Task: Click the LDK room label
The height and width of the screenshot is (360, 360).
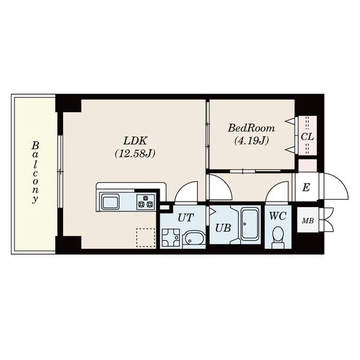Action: [135, 140]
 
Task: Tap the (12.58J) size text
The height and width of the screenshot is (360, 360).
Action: [135, 154]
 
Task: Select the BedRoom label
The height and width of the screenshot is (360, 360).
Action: [251, 128]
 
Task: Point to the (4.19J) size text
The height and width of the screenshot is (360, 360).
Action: [251, 140]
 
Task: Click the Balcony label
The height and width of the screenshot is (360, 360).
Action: [35, 172]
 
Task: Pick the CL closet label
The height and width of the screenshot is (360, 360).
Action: [307, 137]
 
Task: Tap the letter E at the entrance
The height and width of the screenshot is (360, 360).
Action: [306, 188]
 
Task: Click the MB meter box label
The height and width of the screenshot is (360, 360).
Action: [308, 221]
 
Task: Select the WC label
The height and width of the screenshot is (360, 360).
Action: [278, 216]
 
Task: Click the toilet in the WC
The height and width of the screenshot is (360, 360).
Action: [278, 237]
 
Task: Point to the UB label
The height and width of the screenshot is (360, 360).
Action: [223, 228]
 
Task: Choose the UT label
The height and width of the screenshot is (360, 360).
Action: [186, 217]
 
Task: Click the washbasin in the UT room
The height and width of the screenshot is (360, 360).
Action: [194, 239]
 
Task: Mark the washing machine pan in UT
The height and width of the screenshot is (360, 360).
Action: [171, 238]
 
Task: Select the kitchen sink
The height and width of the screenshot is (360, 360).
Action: [110, 202]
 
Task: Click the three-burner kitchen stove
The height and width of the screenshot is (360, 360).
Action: [146, 202]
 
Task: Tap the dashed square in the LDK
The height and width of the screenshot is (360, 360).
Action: [146, 238]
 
